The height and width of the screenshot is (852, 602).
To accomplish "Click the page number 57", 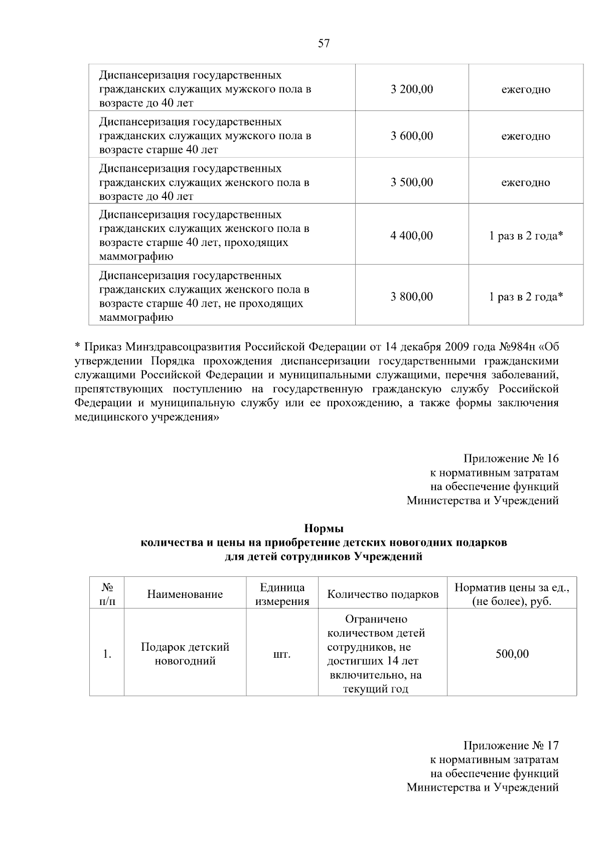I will (324, 44).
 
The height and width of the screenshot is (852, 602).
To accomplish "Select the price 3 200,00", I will (411, 89).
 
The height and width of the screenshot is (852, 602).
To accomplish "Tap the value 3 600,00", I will (411, 136).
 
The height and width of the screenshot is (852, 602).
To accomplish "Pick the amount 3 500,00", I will (411, 182).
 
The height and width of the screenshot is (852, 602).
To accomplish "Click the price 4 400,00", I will (411, 235).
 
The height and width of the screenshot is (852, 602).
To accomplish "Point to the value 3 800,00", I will (411, 297).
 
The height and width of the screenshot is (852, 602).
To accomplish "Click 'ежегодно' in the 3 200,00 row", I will (526, 90).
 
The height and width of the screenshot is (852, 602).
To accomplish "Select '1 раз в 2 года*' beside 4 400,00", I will (526, 235).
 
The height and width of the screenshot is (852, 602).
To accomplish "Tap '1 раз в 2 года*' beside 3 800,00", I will (526, 297).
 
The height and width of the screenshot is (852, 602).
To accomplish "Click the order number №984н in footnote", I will (519, 347).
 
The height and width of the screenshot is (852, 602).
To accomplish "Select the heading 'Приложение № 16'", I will (511, 458).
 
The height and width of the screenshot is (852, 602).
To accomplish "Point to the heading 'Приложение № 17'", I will (511, 746).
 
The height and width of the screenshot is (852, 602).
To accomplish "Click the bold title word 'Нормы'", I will (324, 529).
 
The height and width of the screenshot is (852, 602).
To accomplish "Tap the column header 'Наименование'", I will (185, 594).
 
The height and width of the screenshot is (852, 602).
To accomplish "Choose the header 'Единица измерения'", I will (282, 594).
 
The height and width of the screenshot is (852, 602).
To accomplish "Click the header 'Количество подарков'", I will (383, 594).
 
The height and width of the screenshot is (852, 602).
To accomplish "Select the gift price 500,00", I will (512, 654).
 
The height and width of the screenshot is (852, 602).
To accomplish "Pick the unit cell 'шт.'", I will (282, 654).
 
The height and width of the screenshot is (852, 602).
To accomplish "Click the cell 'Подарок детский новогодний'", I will (185, 654).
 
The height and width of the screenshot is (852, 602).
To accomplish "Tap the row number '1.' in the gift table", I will (107, 654).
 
